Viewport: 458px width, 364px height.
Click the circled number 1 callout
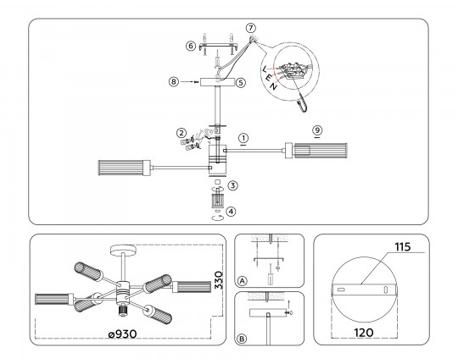(243, 138)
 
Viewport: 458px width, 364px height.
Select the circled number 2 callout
(182, 134)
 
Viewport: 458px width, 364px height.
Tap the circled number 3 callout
(232, 185)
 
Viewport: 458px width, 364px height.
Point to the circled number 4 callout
(231, 212)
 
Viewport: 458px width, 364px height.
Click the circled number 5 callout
(241, 83)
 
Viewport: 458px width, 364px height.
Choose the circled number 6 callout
(191, 46)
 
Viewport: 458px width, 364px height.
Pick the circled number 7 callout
(250, 28)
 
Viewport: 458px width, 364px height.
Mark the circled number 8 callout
(174, 82)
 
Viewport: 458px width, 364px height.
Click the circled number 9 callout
(317, 130)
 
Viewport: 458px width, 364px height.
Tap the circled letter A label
(242, 281)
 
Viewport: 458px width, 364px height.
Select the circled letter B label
(242, 339)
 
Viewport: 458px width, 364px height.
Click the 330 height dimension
(219, 280)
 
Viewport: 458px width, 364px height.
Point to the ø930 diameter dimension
(122, 334)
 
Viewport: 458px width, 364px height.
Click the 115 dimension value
(403, 247)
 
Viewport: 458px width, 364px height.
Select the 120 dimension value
(364, 333)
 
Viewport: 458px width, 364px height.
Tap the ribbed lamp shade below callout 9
(320, 151)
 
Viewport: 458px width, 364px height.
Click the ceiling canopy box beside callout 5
(217, 82)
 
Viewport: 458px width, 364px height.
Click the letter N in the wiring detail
(273, 86)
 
